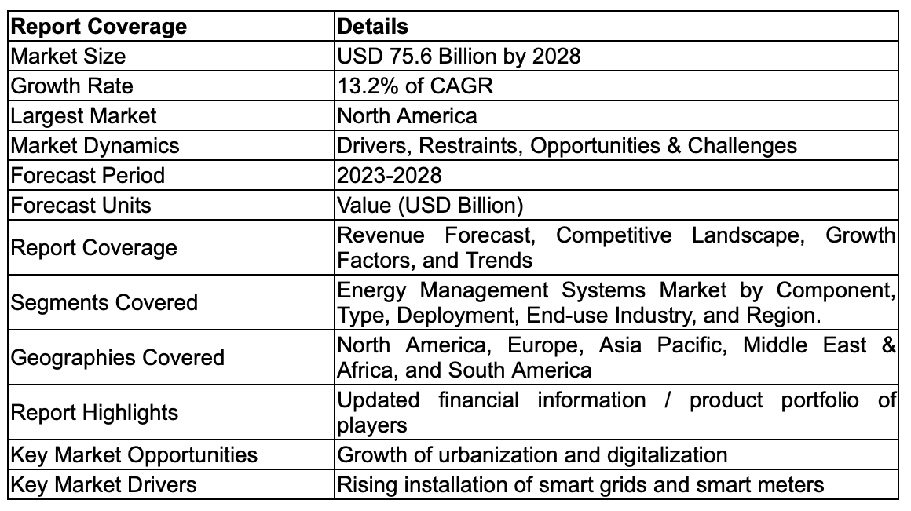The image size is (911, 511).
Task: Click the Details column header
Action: coord(372,26)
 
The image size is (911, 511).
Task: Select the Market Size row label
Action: coord(68,56)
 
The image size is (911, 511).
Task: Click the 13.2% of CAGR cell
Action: coord(415,86)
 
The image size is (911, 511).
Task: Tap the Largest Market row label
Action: coord(84,115)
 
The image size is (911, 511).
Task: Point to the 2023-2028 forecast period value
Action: coord(389,175)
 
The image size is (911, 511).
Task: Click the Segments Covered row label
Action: coord(104,302)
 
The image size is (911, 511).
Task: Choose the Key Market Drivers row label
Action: coord(104,484)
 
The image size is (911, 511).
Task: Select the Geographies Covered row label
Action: coord(118,357)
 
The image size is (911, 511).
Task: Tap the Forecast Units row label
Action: coord(81,205)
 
